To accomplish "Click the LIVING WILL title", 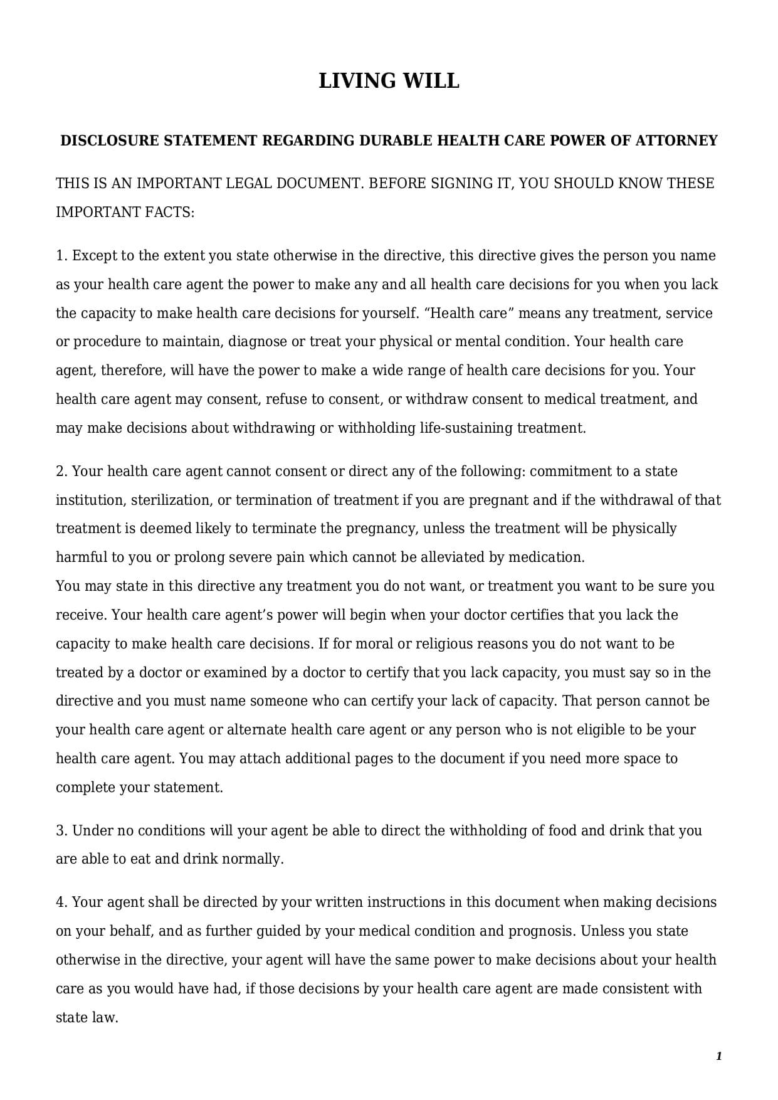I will tap(389, 81).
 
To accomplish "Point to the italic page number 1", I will tap(719, 1057).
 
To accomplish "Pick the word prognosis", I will tap(540, 931).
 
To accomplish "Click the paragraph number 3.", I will tap(61, 831).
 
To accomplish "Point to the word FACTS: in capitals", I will tap(170, 213).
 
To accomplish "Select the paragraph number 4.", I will tap(61, 902).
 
